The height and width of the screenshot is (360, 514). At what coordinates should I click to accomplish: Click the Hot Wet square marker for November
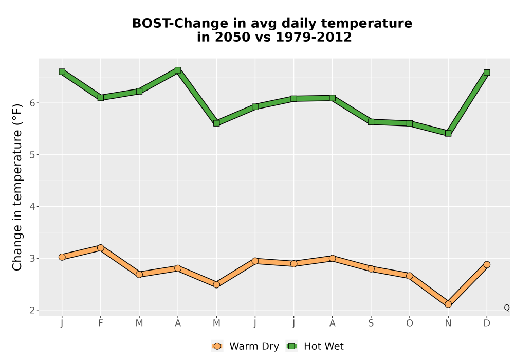point(448,133)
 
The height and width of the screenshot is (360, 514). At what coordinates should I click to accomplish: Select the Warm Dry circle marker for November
point(448,304)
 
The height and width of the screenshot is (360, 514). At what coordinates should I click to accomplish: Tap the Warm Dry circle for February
point(101,248)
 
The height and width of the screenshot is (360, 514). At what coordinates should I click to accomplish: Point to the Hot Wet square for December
point(487,73)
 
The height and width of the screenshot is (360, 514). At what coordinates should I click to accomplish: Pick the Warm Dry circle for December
point(487,264)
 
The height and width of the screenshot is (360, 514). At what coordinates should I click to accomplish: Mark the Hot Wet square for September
point(371,122)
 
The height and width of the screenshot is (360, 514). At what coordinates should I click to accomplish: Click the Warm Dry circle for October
point(410,276)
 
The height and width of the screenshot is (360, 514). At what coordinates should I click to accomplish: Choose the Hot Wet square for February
point(101,98)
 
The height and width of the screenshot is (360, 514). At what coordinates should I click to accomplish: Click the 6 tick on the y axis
point(32,103)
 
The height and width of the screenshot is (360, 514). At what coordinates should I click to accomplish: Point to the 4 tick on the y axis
point(32,207)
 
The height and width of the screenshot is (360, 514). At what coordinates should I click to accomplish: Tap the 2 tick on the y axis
point(32,310)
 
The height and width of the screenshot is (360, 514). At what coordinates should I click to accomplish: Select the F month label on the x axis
point(101,323)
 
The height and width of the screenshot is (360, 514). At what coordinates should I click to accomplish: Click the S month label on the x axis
point(371,323)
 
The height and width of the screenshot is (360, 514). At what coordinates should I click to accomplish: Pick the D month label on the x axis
point(487,323)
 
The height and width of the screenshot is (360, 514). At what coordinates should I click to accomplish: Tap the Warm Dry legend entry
point(245,346)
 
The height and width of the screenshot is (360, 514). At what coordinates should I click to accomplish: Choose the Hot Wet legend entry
point(315,346)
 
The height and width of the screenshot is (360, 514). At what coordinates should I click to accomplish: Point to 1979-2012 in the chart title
point(314,37)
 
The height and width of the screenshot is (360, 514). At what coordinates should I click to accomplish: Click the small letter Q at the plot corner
point(507,308)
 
